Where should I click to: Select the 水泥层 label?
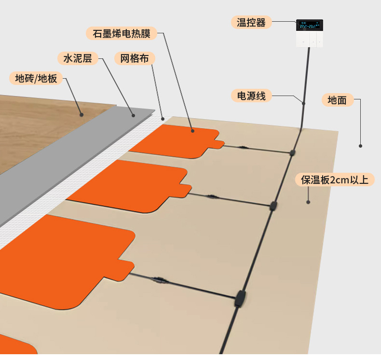78,59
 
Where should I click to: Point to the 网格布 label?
135,59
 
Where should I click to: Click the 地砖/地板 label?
36,78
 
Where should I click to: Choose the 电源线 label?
248,96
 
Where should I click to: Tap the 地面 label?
337,100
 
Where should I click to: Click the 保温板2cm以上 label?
335,180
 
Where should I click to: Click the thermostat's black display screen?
309,25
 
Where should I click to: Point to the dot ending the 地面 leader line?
360,145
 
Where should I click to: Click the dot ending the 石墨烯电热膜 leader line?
192,130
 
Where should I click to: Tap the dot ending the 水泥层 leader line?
134,115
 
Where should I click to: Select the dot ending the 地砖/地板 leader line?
82,115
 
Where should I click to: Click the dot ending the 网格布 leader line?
163,118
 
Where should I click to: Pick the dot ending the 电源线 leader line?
303,103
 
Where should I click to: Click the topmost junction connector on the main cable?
292,153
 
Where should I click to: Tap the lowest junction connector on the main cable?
240,299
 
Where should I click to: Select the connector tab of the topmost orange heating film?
218,144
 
